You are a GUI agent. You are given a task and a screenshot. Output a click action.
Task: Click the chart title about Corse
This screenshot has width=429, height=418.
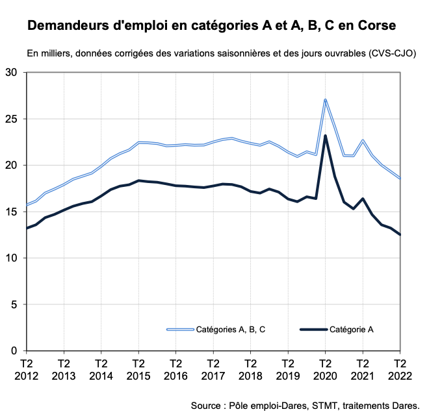[211, 27]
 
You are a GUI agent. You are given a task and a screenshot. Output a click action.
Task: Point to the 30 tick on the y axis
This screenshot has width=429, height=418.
[12, 73]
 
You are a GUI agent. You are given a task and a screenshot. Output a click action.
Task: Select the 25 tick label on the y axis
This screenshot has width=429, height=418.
[12, 119]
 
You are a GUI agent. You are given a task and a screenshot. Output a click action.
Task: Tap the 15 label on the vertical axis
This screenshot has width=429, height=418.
[12, 212]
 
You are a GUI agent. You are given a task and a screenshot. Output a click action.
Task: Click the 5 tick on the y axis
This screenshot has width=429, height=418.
[15, 304]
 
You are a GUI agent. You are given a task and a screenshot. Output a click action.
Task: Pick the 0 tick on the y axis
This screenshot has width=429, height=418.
[15, 351]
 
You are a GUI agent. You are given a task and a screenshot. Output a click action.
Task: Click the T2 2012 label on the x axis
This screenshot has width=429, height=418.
[27, 371]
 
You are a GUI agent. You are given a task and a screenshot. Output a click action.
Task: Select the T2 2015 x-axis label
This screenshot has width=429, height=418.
[138, 371]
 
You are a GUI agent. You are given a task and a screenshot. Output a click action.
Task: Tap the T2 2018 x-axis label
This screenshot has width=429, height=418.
[250, 371]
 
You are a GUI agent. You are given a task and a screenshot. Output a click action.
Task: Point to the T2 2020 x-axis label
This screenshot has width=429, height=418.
[325, 371]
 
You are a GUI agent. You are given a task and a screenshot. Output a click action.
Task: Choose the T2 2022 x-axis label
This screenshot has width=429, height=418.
[399, 371]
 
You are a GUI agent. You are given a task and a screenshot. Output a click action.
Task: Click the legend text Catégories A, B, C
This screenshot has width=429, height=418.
[231, 330]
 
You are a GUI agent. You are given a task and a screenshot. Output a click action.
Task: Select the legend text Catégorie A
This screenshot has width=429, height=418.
[351, 330]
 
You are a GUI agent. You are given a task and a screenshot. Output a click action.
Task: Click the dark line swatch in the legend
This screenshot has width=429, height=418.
[313, 330]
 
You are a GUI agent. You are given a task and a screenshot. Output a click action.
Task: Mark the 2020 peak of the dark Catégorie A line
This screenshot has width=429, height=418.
[325, 136]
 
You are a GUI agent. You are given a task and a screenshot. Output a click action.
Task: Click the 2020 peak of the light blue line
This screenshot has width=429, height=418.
[325, 99]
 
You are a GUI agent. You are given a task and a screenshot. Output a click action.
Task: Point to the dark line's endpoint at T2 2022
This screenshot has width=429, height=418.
[399, 235]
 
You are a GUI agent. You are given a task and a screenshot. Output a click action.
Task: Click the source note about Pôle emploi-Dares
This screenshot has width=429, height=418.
[305, 405]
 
